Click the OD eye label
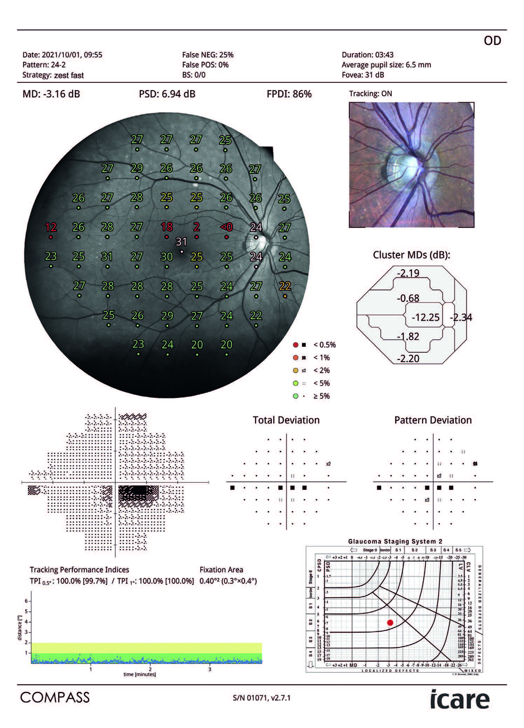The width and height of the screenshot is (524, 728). [492, 41]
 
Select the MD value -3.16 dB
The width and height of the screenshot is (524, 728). [51, 94]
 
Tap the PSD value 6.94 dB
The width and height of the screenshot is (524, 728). [167, 94]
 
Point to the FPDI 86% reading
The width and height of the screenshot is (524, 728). [289, 94]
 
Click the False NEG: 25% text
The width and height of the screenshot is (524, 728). [208, 55]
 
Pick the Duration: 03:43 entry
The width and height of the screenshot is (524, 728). [367, 55]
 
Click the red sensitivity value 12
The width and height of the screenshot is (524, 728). [51, 227]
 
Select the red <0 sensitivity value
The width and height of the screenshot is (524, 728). [226, 227]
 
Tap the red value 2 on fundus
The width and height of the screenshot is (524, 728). [196, 227]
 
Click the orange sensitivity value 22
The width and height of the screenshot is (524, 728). [285, 286]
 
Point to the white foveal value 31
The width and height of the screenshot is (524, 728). [181, 241]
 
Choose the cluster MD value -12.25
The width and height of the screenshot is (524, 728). [425, 317]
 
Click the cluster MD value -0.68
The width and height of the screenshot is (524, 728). [408, 298]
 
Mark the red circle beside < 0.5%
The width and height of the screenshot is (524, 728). [296, 345]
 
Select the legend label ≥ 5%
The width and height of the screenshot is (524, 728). [321, 396]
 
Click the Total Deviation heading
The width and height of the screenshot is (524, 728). [286, 420]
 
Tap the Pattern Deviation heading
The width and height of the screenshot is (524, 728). [433, 420]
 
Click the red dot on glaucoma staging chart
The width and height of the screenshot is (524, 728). [390, 622]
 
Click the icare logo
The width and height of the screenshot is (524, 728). [460, 700]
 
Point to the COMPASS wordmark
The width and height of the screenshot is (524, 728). [55, 698]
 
